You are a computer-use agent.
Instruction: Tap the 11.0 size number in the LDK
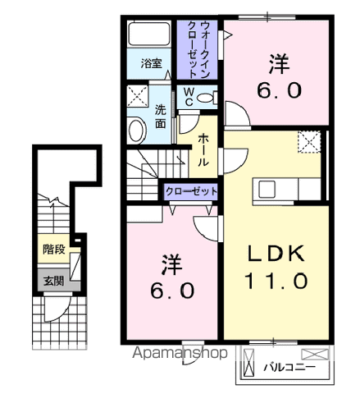[x=276, y=282]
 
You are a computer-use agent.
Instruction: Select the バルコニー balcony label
[x=289, y=368]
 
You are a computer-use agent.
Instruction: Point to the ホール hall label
[x=202, y=150]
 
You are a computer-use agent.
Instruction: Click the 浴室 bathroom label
[x=149, y=63]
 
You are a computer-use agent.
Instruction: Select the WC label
[x=189, y=97]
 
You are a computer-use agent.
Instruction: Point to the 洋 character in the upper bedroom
[x=276, y=62]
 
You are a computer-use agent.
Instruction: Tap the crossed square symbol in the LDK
[x=310, y=142]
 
